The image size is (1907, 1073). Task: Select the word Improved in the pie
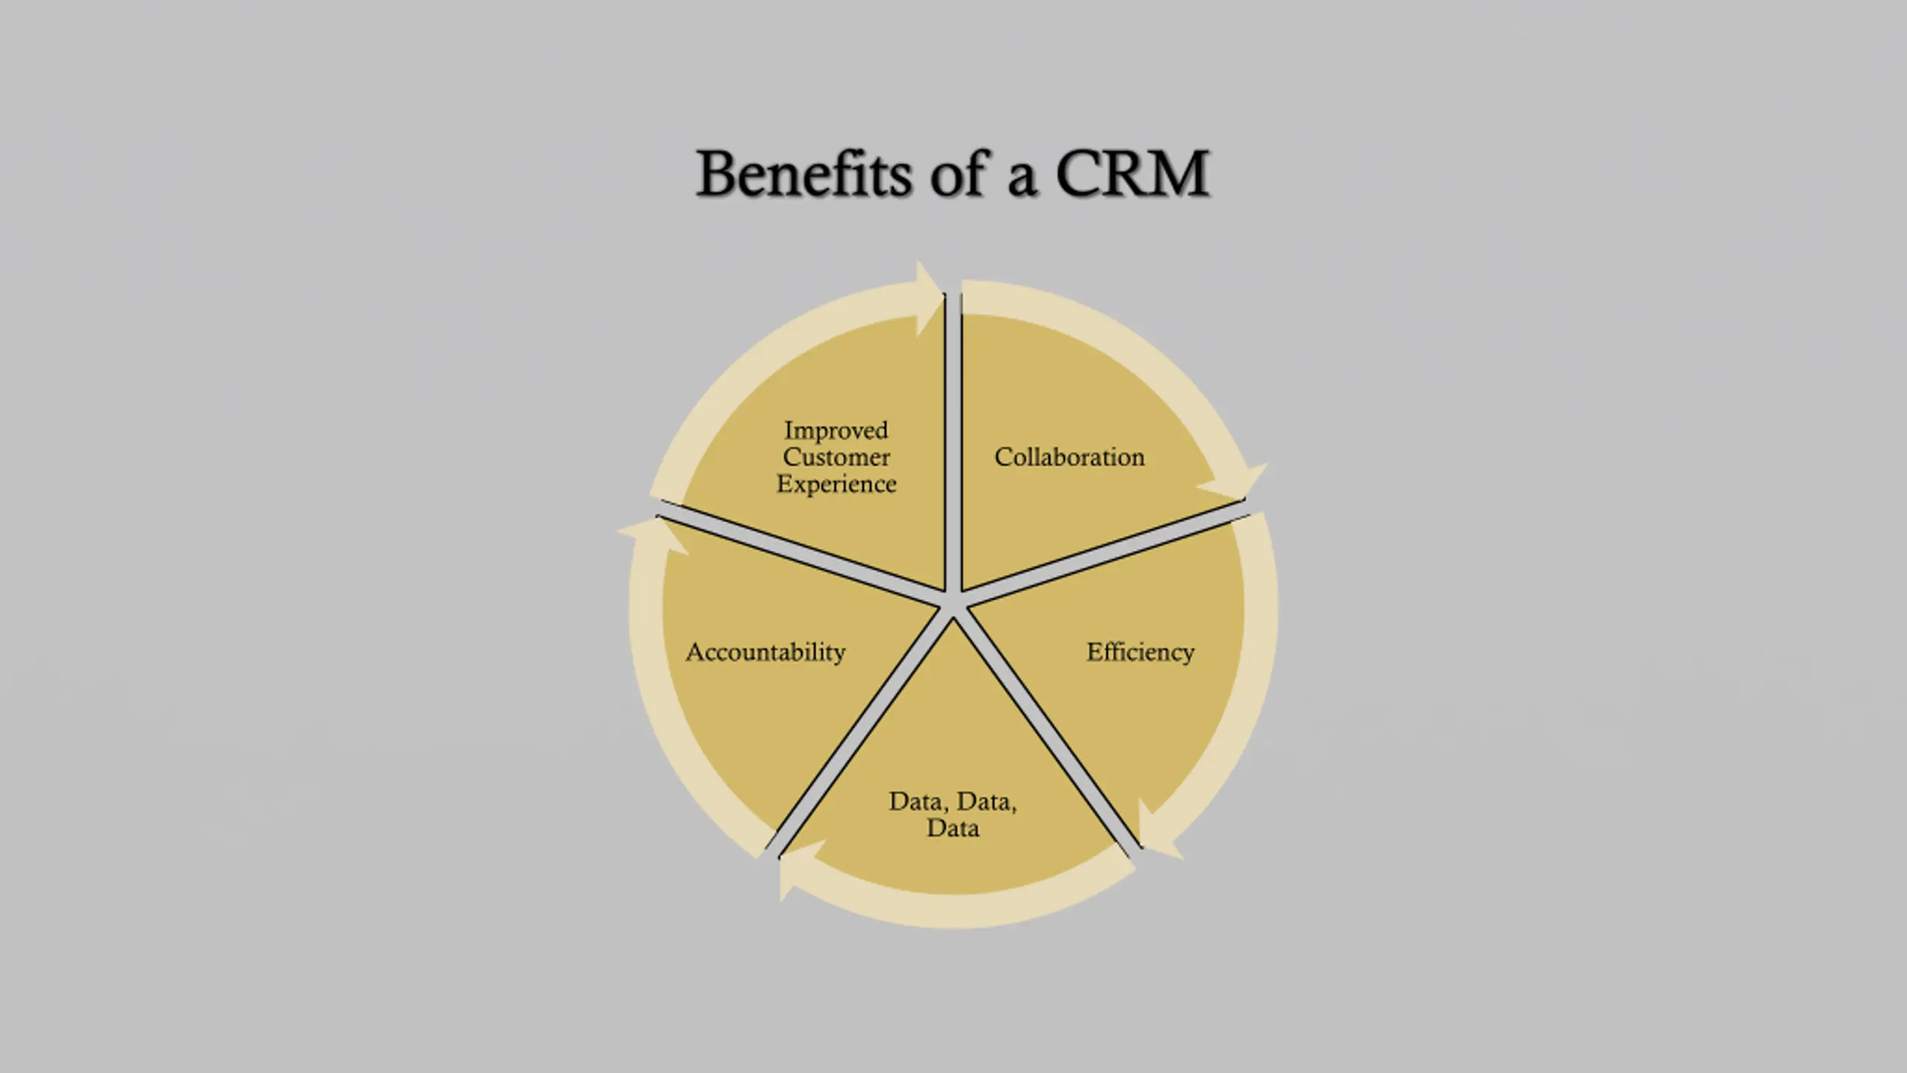836,430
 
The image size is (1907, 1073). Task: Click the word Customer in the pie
836,457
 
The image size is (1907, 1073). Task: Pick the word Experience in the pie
836,484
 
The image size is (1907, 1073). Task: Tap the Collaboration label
1069,457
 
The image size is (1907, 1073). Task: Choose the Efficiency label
1140,652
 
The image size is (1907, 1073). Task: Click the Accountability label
766,652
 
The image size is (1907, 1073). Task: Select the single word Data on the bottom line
953,828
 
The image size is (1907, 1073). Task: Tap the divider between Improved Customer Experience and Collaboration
953,447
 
